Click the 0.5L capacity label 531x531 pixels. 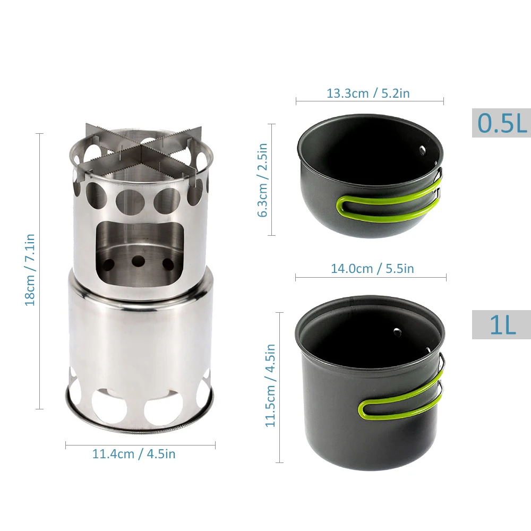(x=502, y=123)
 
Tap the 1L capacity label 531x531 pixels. (x=502, y=324)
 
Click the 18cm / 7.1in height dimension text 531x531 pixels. (x=30, y=270)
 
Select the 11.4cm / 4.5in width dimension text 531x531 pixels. (x=134, y=454)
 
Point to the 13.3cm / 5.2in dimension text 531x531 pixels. (x=368, y=93)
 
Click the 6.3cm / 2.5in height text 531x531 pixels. (x=262, y=180)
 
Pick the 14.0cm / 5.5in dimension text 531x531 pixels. (x=372, y=269)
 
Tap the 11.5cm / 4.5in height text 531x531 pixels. (x=270, y=386)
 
